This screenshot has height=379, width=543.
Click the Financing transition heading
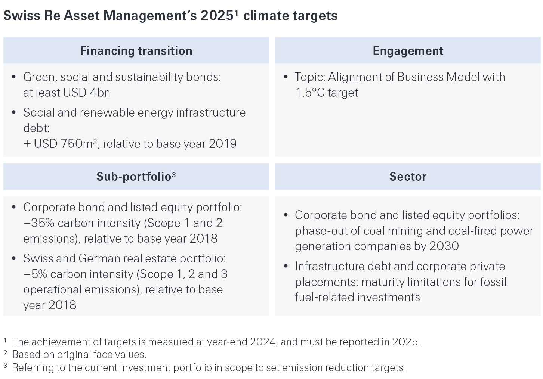click(136, 51)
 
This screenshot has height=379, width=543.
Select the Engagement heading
click(408, 51)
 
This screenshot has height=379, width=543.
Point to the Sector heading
click(408, 177)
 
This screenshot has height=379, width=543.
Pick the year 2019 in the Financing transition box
click(222, 144)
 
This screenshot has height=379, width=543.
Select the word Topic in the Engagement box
click(309, 77)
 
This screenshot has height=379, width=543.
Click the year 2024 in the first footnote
click(263, 342)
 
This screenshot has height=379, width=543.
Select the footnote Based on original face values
click(79, 354)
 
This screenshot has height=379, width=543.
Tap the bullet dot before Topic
click(286, 77)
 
